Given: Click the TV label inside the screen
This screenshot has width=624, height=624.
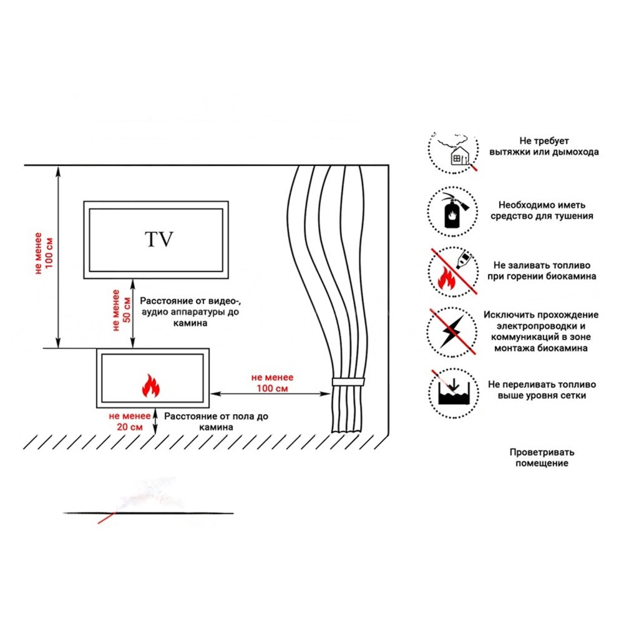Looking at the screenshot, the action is [159, 239].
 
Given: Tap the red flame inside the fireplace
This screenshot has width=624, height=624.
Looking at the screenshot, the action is [151, 386].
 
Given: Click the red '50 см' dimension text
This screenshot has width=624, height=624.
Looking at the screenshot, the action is [127, 310].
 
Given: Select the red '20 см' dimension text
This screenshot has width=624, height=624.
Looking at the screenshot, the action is [130, 427].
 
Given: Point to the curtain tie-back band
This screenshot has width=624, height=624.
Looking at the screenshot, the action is [348, 382].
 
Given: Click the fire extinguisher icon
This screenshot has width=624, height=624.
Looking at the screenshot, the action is [454, 211].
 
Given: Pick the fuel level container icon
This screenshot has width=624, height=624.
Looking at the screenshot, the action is [454, 393].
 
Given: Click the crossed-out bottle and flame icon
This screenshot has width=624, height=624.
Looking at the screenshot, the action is [454, 272].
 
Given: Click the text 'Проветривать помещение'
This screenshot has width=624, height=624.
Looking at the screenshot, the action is [542, 457].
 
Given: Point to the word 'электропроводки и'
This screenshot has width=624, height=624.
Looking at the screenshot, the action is [541, 326].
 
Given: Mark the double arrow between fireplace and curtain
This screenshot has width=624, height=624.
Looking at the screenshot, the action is [270, 394].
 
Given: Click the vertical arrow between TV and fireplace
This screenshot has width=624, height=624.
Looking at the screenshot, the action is [133, 313].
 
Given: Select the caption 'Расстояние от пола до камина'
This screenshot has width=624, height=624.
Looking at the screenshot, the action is [216, 422].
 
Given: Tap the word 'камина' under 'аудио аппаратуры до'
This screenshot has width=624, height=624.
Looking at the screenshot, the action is [190, 323].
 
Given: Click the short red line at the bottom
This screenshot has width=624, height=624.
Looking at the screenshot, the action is [106, 518].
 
